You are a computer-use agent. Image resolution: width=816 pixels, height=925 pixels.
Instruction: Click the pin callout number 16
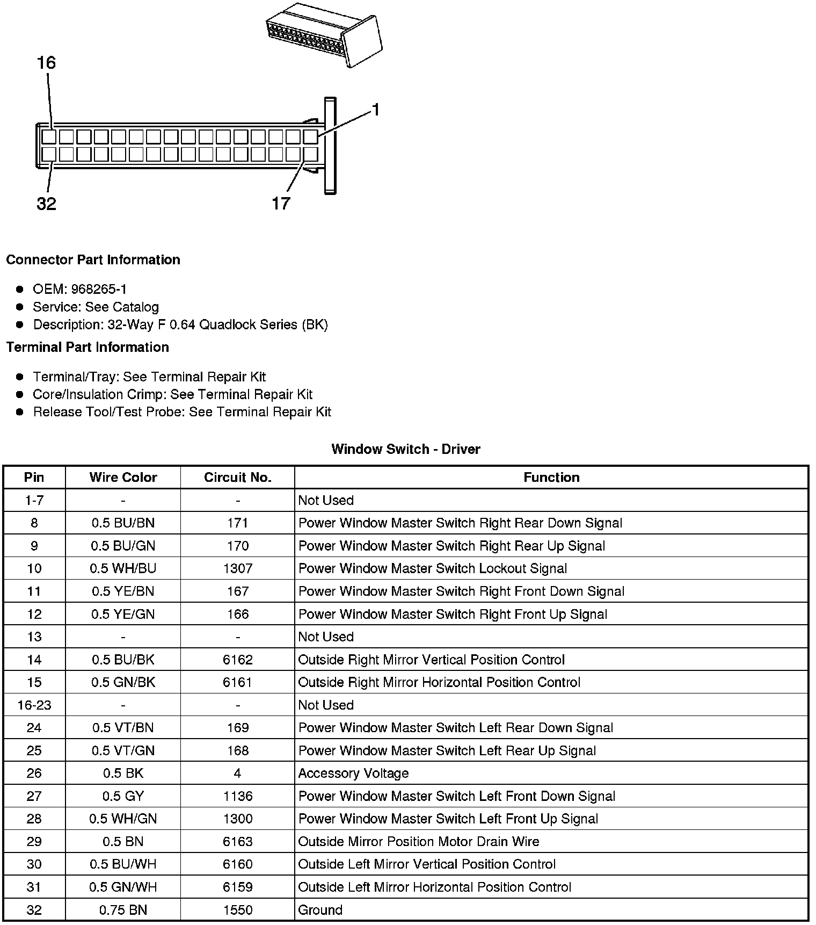click(46, 63)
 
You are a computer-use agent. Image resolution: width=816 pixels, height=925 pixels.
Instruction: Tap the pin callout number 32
click(46, 204)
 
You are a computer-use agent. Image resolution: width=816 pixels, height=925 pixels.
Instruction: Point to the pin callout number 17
click(281, 204)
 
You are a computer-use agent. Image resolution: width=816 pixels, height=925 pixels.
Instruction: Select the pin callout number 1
click(376, 110)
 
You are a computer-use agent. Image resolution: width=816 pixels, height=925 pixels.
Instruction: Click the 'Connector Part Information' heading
click(93, 260)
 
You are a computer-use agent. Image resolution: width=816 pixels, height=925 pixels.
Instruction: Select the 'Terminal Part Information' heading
click(88, 348)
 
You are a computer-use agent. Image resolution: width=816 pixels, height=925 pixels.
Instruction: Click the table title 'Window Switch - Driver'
click(406, 449)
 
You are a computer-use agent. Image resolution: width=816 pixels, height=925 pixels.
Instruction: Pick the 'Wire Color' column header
click(123, 478)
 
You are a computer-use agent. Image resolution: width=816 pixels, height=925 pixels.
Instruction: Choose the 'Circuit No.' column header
click(237, 478)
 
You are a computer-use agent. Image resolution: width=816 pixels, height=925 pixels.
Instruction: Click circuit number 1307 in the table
click(237, 569)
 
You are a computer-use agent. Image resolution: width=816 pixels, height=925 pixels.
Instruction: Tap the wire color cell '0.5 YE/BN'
click(123, 591)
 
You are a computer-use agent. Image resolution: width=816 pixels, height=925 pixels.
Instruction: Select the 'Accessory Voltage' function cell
click(353, 774)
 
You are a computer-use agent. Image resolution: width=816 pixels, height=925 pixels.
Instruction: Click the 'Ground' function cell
click(320, 910)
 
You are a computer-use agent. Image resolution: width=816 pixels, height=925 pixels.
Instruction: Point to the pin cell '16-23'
click(34, 705)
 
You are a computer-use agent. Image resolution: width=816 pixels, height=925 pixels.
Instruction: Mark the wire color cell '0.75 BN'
click(123, 910)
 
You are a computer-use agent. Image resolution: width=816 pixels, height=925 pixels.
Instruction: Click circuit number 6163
click(237, 842)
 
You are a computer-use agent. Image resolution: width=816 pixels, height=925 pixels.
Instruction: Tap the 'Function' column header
click(551, 478)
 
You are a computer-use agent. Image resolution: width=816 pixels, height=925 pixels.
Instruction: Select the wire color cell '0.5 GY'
click(123, 796)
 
